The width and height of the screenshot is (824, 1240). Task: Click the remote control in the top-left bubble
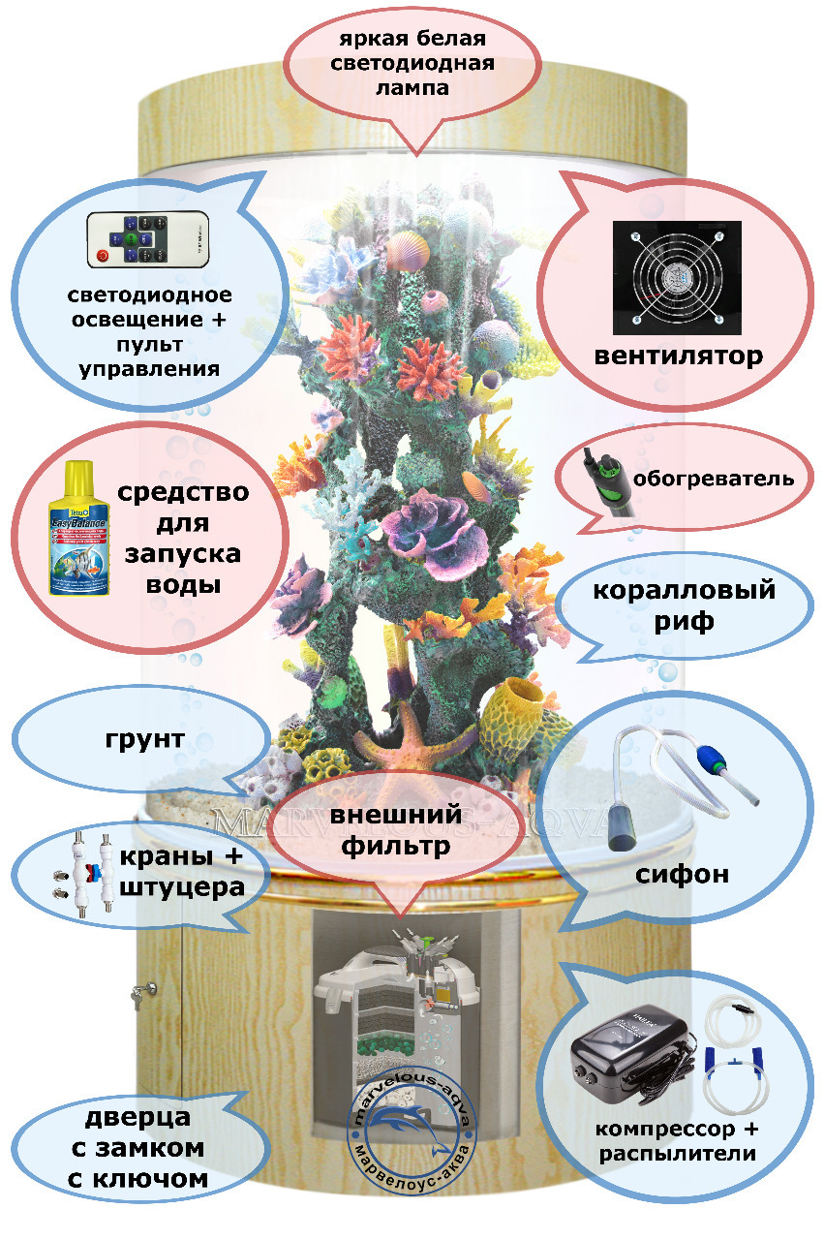click(x=147, y=239)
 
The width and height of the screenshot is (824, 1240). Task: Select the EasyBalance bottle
click(x=80, y=527)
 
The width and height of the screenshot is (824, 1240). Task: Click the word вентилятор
click(x=678, y=356)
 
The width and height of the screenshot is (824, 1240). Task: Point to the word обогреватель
click(x=714, y=478)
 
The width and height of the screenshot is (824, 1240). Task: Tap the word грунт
click(x=145, y=741)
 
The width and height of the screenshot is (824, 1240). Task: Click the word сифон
click(x=682, y=876)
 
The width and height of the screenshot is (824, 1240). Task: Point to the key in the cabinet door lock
click(x=142, y=991)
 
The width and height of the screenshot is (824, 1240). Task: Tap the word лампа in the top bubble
click(x=412, y=88)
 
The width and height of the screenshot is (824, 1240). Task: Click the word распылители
click(x=677, y=1154)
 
